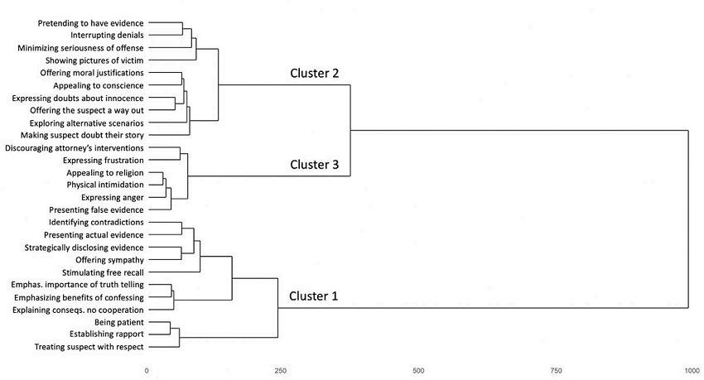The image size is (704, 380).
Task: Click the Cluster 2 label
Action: point(314,73)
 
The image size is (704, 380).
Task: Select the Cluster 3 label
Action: point(314,164)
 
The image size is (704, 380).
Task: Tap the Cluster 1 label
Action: point(314,296)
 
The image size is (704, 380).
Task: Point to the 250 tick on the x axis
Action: point(280,370)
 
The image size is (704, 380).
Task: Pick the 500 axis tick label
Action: point(418,370)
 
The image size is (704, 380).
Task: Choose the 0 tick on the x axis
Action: point(147,370)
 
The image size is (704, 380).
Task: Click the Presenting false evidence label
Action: point(96,210)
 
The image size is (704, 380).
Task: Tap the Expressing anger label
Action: point(113,198)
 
